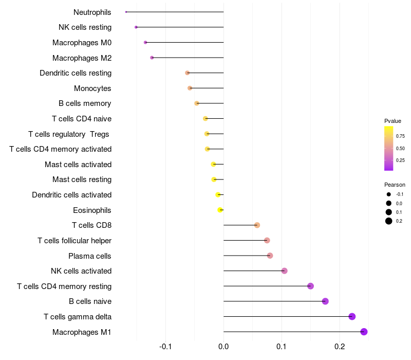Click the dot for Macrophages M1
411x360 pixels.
click(x=364, y=332)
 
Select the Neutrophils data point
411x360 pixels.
click(x=126, y=12)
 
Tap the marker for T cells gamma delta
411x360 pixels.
click(x=352, y=316)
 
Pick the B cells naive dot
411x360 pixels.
click(x=325, y=301)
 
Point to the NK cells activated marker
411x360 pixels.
click(x=284, y=271)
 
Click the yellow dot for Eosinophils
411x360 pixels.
click(x=220, y=210)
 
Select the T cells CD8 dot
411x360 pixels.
click(x=257, y=225)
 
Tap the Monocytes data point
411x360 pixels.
click(x=190, y=88)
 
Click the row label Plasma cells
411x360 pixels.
click(x=90, y=256)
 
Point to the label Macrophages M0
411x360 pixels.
click(x=82, y=43)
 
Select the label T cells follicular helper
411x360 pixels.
click(x=74, y=240)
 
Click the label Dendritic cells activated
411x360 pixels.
click(x=72, y=195)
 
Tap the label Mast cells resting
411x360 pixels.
click(x=82, y=179)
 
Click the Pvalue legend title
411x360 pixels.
click(x=393, y=121)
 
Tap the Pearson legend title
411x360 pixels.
click(x=395, y=185)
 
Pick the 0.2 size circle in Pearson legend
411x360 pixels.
click(x=389, y=221)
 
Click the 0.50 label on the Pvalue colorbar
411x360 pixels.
click(x=400, y=149)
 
